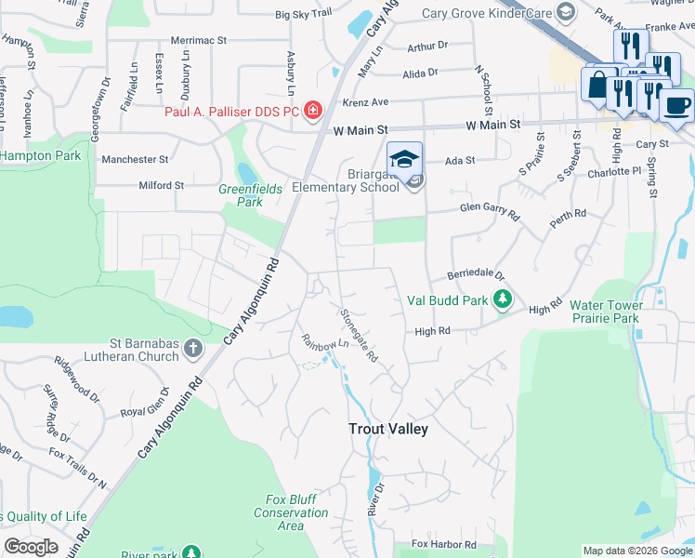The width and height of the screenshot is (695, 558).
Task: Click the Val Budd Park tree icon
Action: coord(503,299)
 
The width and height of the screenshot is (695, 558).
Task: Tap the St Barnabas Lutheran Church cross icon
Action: coord(192,350)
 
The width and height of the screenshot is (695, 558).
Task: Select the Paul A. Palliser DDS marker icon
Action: coord(313,112)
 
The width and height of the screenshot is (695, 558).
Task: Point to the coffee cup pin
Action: coord(678,105)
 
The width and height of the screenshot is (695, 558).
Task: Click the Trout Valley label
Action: coord(387,429)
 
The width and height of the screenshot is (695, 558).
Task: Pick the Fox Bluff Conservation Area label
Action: coord(291,512)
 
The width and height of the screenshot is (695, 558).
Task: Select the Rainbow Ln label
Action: coord(324,342)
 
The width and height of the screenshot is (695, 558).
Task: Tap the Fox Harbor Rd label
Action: coord(444,544)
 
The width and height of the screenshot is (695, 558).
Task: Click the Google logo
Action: coord(31,547)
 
